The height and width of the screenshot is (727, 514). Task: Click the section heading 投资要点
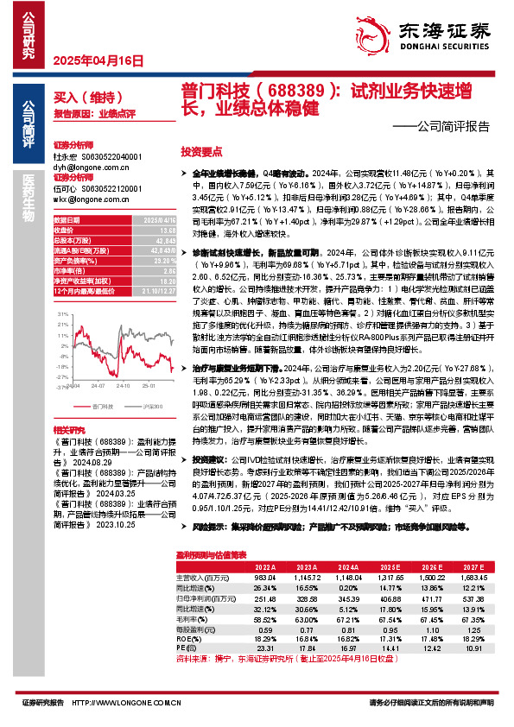(202, 150)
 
